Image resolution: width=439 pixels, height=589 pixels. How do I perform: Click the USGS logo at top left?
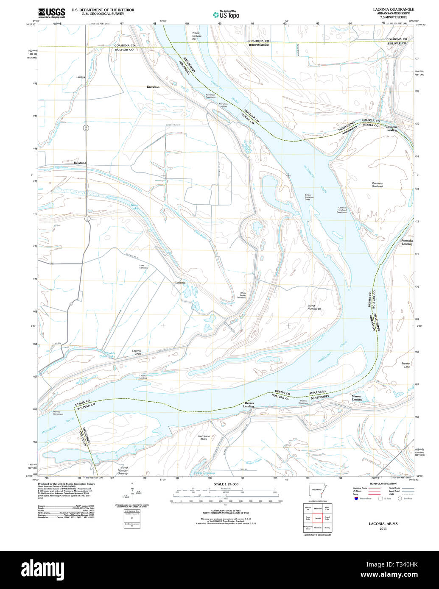pyautogui.click(x=51, y=13)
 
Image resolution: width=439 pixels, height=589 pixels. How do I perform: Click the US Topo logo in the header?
pyautogui.click(x=226, y=14)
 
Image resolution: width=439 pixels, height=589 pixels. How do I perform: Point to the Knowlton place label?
pyautogui.click(x=153, y=86)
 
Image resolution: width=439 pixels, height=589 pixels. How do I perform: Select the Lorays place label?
pyautogui.click(x=81, y=77)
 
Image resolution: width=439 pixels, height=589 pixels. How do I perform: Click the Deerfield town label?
pyautogui.click(x=80, y=163)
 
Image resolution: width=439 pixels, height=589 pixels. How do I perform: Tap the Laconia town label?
pyautogui.click(x=181, y=282)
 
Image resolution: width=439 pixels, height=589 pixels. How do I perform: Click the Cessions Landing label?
pyautogui.click(x=391, y=128)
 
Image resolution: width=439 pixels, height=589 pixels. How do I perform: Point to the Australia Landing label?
pyautogui.click(x=407, y=242)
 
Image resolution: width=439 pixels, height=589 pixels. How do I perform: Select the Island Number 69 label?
pyautogui.click(x=314, y=307)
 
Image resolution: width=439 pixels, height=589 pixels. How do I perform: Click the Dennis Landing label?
pyautogui.click(x=249, y=405)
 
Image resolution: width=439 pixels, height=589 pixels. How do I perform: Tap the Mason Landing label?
pyautogui.click(x=357, y=398)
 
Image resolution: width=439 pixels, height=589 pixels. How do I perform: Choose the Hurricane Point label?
pyautogui.click(x=204, y=438)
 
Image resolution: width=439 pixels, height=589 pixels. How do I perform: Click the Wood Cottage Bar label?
pyautogui.click(x=196, y=36)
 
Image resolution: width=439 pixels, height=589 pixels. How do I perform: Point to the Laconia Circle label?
pyautogui.click(x=137, y=353)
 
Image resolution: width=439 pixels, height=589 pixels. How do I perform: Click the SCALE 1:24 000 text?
pyautogui.click(x=226, y=484)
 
